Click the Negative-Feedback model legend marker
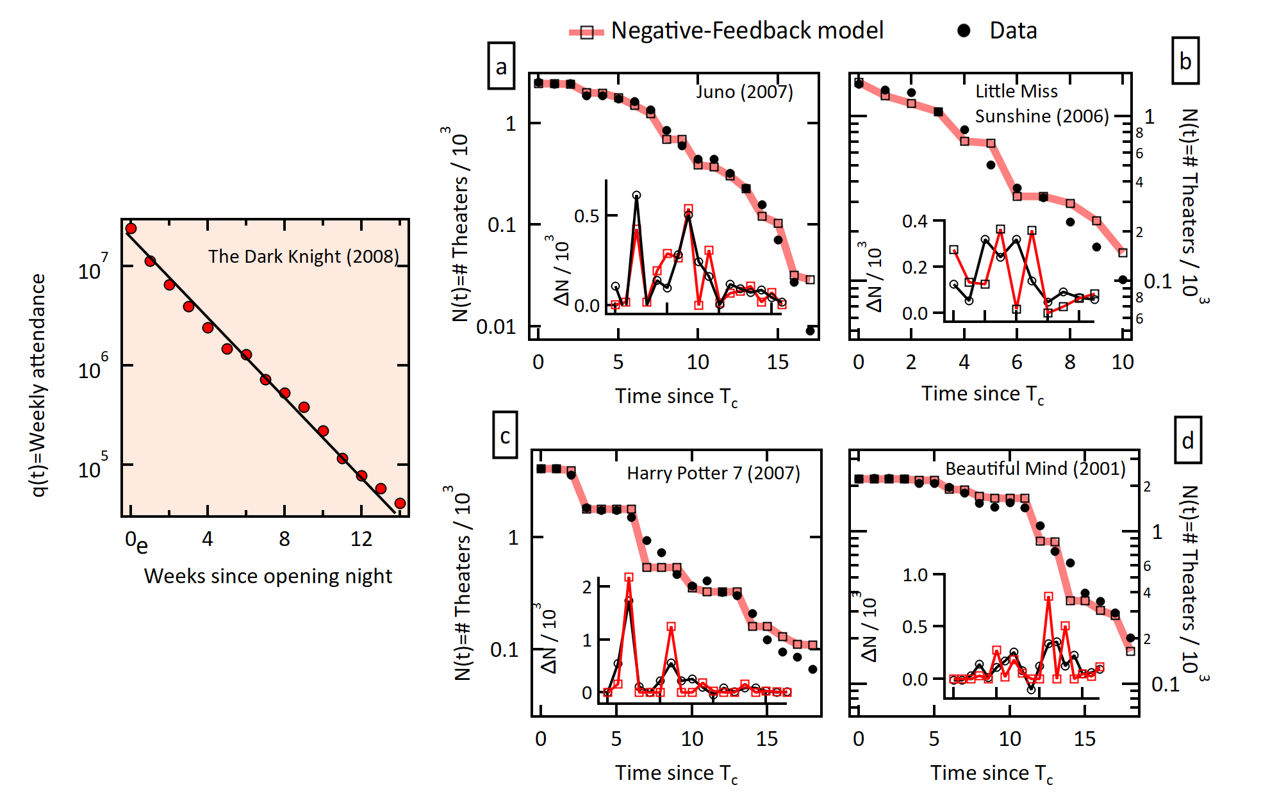(x=586, y=32)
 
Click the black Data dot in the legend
(x=964, y=30)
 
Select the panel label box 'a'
(x=501, y=66)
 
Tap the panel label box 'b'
(x=1185, y=62)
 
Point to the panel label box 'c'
(x=505, y=436)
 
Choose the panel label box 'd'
(x=1188, y=440)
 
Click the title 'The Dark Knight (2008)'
(x=303, y=256)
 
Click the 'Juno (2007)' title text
(x=745, y=92)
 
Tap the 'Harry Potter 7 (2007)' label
(x=713, y=473)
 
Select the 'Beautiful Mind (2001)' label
(x=1035, y=468)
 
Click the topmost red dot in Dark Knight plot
(x=131, y=229)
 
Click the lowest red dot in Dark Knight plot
(x=400, y=504)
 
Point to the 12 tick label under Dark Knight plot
(x=361, y=539)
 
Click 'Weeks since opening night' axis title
(x=268, y=576)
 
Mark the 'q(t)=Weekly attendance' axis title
(x=38, y=384)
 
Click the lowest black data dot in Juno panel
(x=810, y=331)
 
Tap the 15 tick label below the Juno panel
(x=777, y=362)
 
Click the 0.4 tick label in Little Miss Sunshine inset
(x=914, y=222)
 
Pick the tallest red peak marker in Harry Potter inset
(x=629, y=577)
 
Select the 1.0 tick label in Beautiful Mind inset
(x=914, y=575)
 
